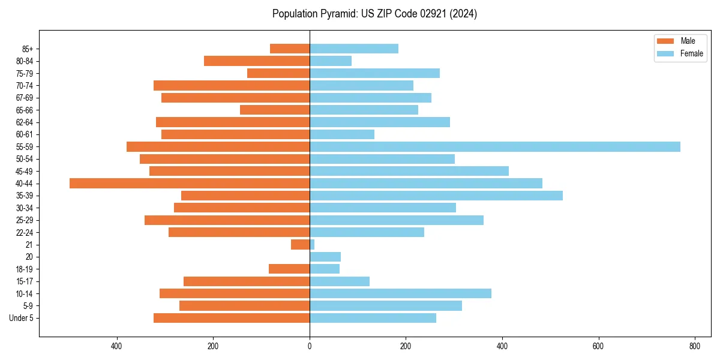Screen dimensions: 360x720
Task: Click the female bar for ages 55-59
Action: tap(495, 146)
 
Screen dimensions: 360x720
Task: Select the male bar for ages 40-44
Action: tap(190, 183)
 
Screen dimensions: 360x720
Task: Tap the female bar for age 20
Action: tap(325, 257)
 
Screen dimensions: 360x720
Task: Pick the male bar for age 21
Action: tap(301, 244)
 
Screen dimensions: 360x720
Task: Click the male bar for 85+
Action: tap(290, 49)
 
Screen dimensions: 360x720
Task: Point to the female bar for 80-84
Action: tap(331, 61)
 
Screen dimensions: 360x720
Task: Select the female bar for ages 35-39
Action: tap(436, 196)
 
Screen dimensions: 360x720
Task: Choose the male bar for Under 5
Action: tap(232, 318)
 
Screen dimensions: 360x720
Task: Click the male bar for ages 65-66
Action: tap(275, 110)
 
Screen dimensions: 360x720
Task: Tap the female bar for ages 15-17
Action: tap(340, 281)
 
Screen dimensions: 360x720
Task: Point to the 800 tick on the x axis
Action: tap(695, 346)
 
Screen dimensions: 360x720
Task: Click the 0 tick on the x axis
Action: tap(310, 346)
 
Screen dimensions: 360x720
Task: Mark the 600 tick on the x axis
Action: tap(598, 346)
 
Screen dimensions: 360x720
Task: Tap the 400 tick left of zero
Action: tap(117, 346)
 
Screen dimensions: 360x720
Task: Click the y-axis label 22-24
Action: tap(25, 232)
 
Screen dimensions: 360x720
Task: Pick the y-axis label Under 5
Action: tap(22, 318)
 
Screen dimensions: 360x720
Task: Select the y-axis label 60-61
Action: tap(25, 134)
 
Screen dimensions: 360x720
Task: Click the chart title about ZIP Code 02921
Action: tap(374, 14)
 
